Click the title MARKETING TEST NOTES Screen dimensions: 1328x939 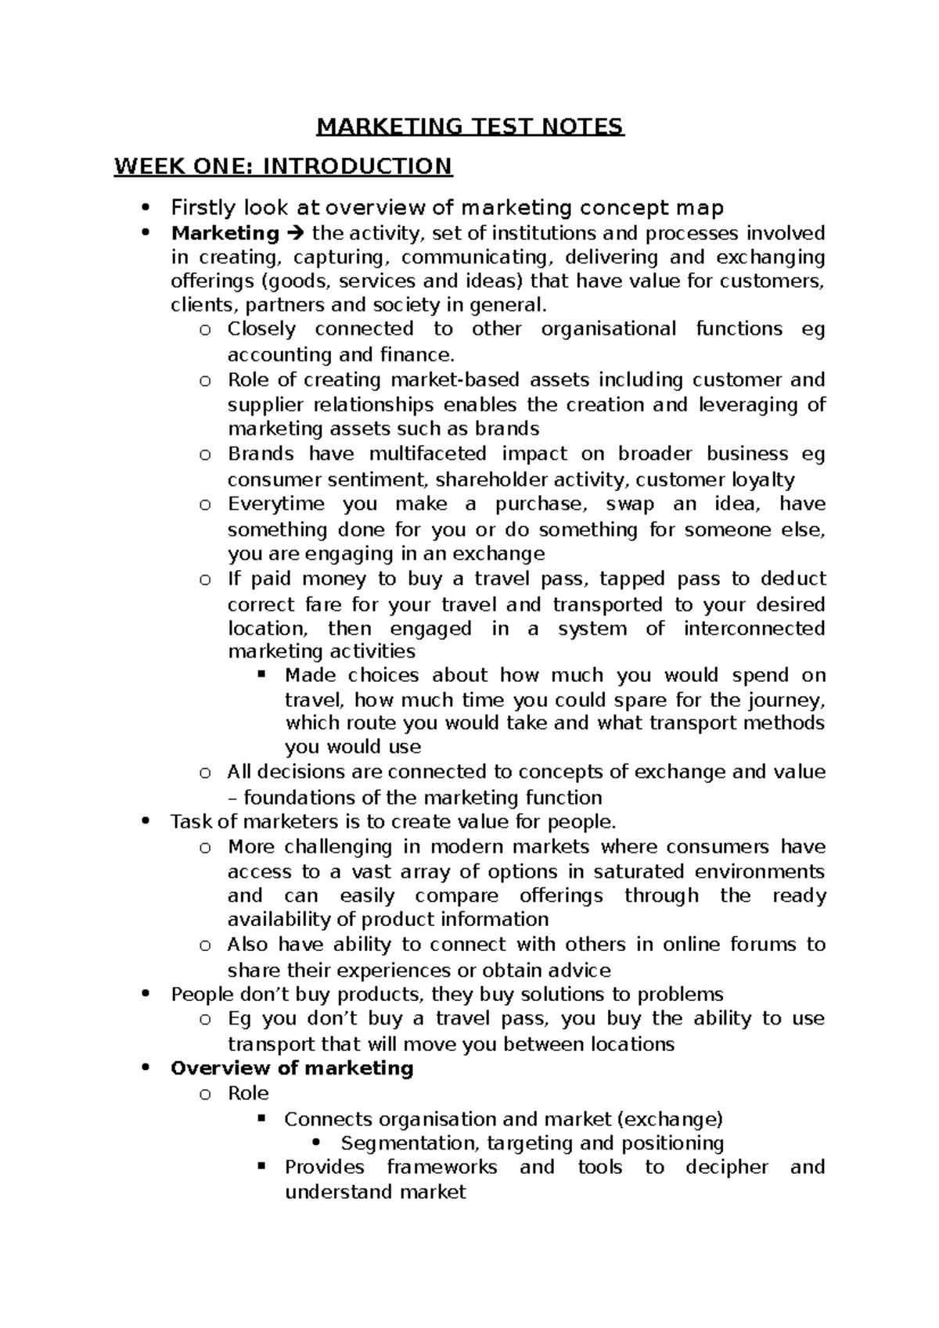[x=469, y=127]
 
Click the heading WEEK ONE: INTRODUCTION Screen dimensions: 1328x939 [x=282, y=167]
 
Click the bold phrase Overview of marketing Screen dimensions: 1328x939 [x=292, y=1068]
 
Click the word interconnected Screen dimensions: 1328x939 [x=754, y=629]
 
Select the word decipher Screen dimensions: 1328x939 [x=726, y=1168]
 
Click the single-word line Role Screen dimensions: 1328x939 [x=248, y=1093]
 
